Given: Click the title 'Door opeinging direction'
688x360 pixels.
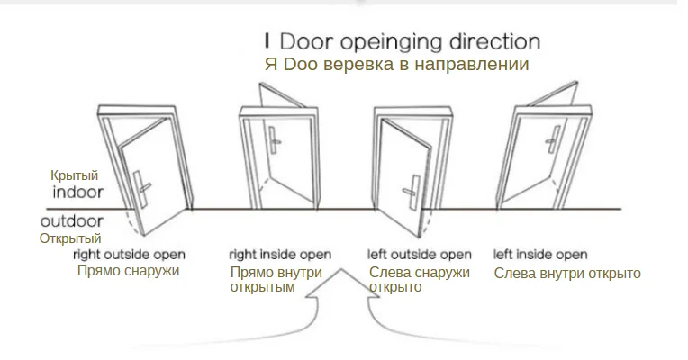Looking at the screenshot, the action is point(410,42).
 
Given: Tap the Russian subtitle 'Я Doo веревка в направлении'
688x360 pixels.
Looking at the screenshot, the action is point(396,65).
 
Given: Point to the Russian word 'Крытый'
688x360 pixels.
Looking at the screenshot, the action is point(74,176).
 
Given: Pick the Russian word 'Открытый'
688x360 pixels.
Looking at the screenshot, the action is point(69,238).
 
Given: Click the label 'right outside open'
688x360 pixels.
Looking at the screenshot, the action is point(129,254).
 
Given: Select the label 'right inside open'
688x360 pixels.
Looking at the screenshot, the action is point(280,255).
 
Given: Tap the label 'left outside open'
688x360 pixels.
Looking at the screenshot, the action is point(420,255).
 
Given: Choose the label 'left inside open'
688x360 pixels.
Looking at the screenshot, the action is point(541,255).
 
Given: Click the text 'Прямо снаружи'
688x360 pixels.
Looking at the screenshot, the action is point(128,270).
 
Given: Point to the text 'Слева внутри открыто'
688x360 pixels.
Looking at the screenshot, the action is point(567,273).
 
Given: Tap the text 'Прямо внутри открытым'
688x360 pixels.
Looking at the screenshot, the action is point(275,280).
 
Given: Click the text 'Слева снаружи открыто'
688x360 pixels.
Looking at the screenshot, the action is point(420,280).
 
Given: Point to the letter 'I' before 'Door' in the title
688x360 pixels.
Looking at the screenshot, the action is point(267,41).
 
